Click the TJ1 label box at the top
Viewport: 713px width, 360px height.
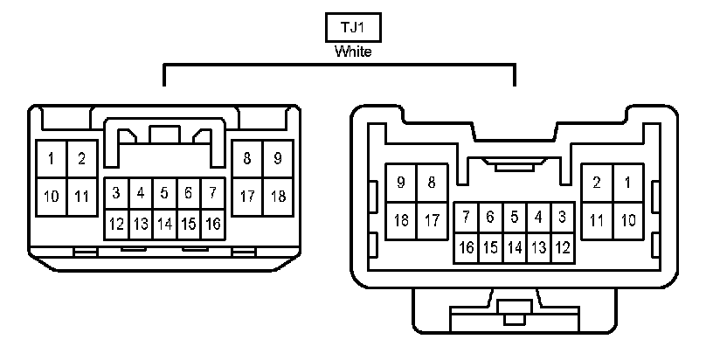(x=353, y=27)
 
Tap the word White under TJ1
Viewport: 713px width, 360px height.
(x=353, y=52)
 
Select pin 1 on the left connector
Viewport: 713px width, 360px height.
(x=52, y=159)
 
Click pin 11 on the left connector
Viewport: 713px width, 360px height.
(x=81, y=196)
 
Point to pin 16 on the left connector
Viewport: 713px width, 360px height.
(x=212, y=224)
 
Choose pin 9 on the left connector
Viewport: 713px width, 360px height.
(x=277, y=159)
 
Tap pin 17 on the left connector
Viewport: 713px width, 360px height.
(x=247, y=196)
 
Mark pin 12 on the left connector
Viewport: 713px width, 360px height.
(x=116, y=224)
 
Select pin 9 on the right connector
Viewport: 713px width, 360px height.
(x=401, y=183)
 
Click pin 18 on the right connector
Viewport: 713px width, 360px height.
(x=401, y=219)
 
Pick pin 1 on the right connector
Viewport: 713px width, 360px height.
(x=626, y=183)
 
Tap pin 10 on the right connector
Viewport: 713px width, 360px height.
(x=626, y=219)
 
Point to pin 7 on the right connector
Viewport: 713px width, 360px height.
(x=467, y=216)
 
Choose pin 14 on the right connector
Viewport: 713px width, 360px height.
(x=515, y=248)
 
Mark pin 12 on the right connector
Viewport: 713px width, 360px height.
(x=562, y=248)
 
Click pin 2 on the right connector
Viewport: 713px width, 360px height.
(x=597, y=183)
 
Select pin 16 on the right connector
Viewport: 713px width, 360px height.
(x=467, y=248)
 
